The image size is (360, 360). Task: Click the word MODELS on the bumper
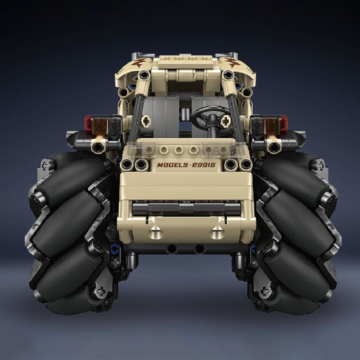[172, 165]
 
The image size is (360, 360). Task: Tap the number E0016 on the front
[203, 165]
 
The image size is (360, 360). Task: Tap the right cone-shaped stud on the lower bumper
[217, 233]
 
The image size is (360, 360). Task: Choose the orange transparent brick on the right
[271, 126]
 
